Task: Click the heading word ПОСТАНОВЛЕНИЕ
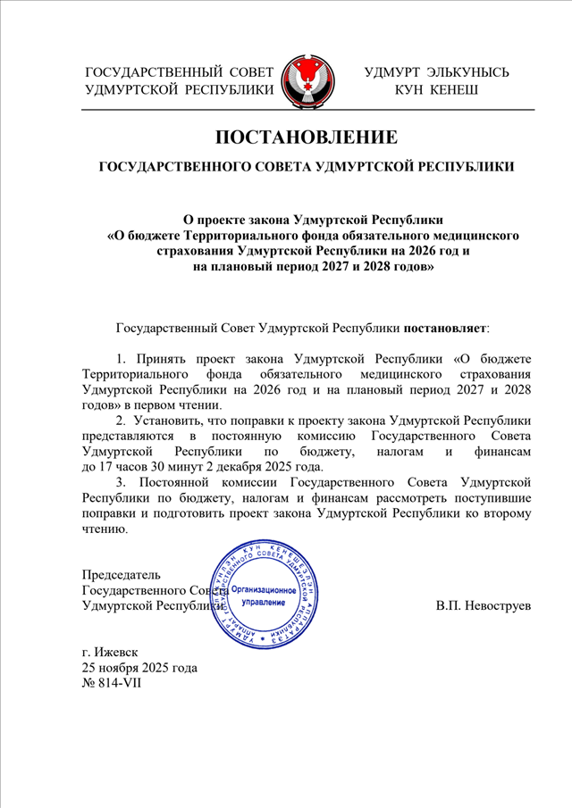click(x=306, y=137)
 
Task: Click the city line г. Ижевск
click(x=110, y=652)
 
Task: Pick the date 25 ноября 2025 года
click(x=139, y=668)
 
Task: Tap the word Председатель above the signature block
click(x=122, y=574)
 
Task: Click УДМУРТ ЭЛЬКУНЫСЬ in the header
click(x=437, y=71)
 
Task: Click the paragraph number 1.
click(x=122, y=356)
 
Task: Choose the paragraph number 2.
click(x=122, y=420)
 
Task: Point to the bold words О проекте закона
click(x=236, y=218)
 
